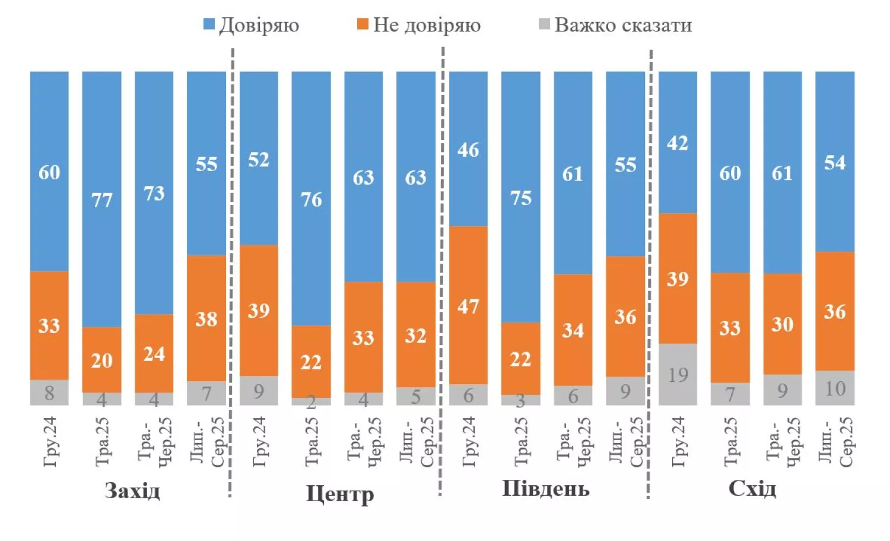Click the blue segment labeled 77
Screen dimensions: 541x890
101,200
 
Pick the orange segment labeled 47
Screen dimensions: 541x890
468,305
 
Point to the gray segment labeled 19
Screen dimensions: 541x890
678,374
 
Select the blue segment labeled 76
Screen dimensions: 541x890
311,199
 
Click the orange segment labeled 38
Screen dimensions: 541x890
206,318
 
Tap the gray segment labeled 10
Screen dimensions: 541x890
835,388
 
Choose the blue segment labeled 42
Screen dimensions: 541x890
678,143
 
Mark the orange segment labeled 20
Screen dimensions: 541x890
101,360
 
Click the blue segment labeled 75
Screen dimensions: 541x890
520,197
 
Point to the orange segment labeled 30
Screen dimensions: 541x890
782,324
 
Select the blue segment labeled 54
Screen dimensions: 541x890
835,162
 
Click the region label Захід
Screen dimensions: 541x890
132,491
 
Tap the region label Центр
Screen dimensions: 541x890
339,493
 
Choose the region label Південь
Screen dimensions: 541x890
546,489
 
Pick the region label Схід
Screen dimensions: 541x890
752,489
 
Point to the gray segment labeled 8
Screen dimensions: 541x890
49,393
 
